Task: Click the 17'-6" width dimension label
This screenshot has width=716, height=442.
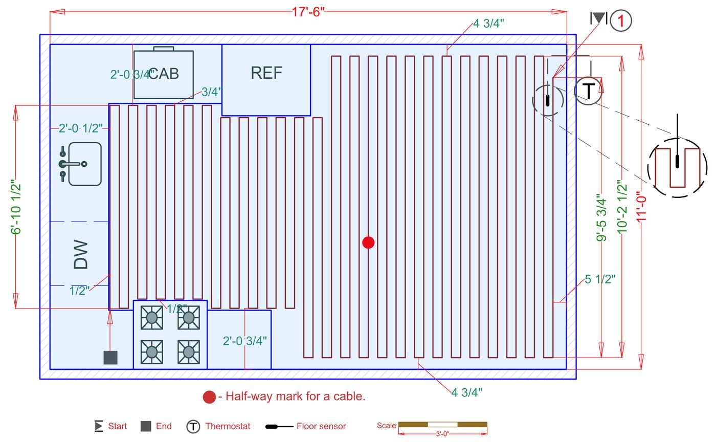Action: [308, 12]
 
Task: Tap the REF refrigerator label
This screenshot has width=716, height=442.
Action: [266, 73]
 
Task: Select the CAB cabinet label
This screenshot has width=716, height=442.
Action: [164, 73]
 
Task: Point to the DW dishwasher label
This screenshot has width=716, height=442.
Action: [81, 254]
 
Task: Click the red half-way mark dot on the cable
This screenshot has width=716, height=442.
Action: [368, 242]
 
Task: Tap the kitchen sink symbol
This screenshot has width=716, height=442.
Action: [80, 164]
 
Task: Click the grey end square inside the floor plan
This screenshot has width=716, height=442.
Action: [110, 358]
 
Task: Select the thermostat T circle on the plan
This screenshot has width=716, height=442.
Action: [588, 91]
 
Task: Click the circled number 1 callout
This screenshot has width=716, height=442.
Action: [621, 20]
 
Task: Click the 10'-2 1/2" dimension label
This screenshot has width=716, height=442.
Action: [622, 207]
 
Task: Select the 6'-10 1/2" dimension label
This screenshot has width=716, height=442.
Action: [15, 207]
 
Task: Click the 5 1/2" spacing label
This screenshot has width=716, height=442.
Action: [600, 279]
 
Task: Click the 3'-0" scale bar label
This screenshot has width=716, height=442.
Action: [442, 434]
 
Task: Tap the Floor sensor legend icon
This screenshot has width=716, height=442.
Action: [279, 426]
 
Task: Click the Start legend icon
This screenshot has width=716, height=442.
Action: [99, 426]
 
